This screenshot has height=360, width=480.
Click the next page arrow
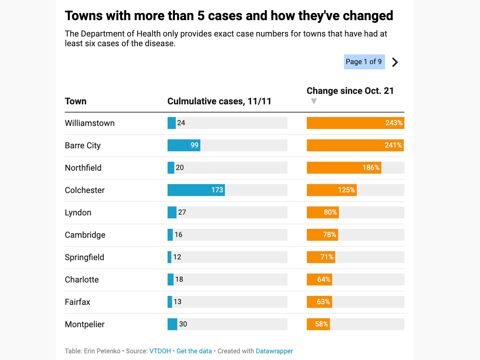[x=395, y=62]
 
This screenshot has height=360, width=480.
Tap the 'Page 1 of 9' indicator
[x=364, y=62]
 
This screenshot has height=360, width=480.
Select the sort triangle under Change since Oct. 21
[x=314, y=101]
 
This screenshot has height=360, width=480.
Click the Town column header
[x=76, y=101]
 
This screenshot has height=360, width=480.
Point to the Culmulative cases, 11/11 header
[x=219, y=101]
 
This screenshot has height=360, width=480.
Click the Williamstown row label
[x=90, y=123]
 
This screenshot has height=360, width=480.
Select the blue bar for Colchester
[x=196, y=190]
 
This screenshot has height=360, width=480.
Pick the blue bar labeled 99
[x=184, y=145]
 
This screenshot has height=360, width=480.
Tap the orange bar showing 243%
[x=355, y=123]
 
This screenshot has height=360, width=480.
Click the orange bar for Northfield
[x=344, y=168]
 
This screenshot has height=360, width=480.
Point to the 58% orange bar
[x=318, y=324]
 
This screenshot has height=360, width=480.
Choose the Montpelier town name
[x=85, y=325]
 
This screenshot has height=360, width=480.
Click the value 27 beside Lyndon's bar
[x=182, y=212]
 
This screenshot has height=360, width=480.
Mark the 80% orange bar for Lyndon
[x=322, y=212]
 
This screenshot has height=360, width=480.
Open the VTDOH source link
[x=160, y=351]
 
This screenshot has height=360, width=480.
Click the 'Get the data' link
[x=194, y=351]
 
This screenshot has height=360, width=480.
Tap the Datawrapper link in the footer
[x=274, y=351]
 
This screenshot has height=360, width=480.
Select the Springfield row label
[x=85, y=258]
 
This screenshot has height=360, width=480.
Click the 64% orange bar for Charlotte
[x=319, y=280]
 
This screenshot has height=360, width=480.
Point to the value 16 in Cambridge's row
[x=179, y=235]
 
